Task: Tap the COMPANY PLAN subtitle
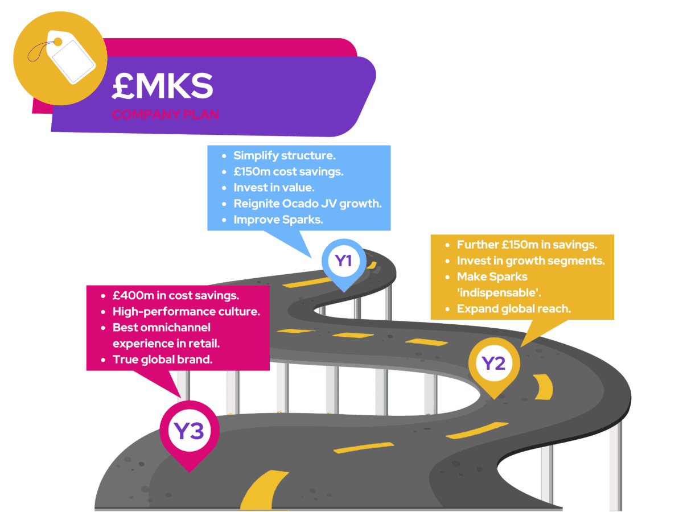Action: pos(165,114)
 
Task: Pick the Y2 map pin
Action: pos(493,364)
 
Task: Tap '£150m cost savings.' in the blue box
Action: pos(288,171)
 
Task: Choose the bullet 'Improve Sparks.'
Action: pos(278,220)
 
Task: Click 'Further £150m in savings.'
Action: pos(526,245)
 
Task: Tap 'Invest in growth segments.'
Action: pos(530,261)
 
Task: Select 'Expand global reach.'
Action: pos(513,309)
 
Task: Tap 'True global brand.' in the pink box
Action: pos(162,359)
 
